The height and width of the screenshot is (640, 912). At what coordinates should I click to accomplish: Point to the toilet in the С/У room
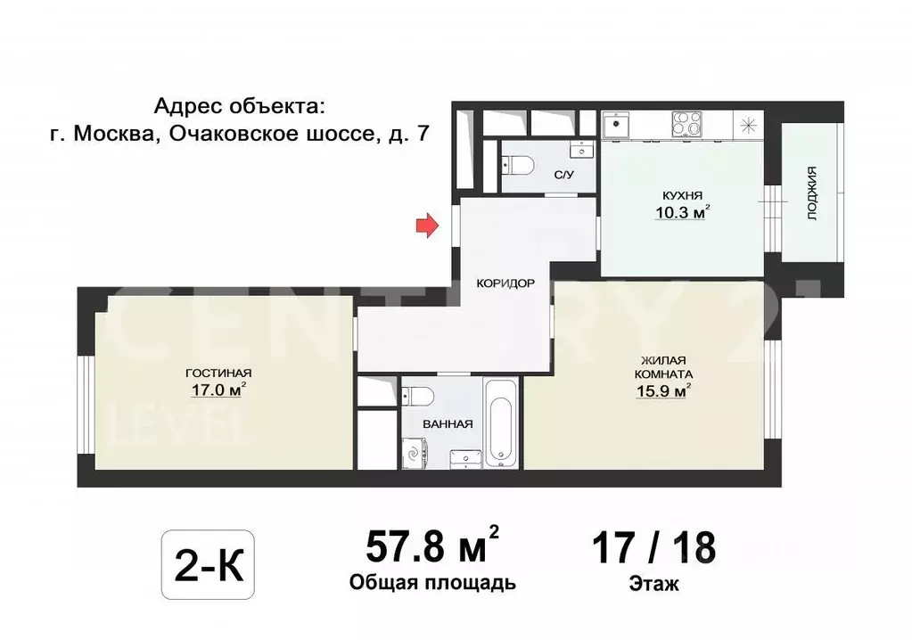519,164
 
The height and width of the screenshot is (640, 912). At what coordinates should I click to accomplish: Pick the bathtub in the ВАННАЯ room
500,423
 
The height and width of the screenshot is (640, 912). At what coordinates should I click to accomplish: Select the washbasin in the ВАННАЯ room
464,456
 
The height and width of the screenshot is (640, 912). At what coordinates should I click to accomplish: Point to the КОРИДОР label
505,283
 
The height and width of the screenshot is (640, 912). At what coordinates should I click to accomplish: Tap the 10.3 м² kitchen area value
681,212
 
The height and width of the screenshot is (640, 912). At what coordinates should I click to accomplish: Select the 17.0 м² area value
216,389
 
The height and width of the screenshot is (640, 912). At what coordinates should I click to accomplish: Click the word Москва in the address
111,134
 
